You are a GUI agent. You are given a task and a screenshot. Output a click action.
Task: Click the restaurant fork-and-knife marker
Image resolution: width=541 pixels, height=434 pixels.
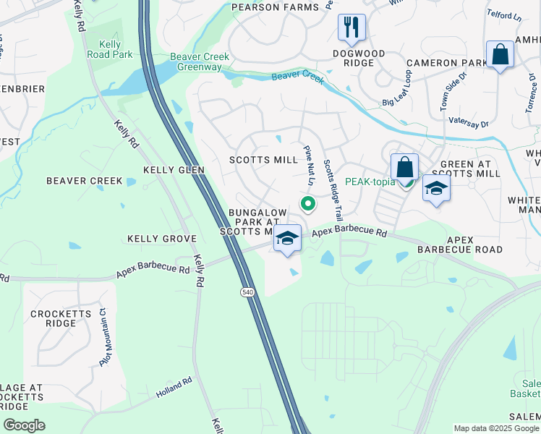[352, 27]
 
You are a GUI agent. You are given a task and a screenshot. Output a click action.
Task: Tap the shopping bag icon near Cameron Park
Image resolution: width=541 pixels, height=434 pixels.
[500, 54]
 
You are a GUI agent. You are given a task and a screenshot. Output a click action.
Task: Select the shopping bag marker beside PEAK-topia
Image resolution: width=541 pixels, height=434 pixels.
[405, 167]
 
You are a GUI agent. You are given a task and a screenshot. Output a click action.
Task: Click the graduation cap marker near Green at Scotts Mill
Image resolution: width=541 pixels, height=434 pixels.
[436, 188]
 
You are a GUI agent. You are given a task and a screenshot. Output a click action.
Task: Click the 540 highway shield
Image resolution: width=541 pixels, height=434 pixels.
[247, 291]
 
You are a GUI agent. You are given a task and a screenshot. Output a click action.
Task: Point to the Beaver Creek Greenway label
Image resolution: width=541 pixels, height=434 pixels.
[199, 62]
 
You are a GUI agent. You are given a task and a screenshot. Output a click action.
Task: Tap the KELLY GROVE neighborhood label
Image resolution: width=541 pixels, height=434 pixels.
[162, 238]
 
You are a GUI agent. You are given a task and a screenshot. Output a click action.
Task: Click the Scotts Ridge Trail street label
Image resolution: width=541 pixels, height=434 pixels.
[333, 190]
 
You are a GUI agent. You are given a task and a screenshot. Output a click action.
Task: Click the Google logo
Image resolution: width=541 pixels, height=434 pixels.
[24, 425]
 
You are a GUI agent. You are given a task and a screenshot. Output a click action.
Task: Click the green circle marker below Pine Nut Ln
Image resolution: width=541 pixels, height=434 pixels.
[307, 205]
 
